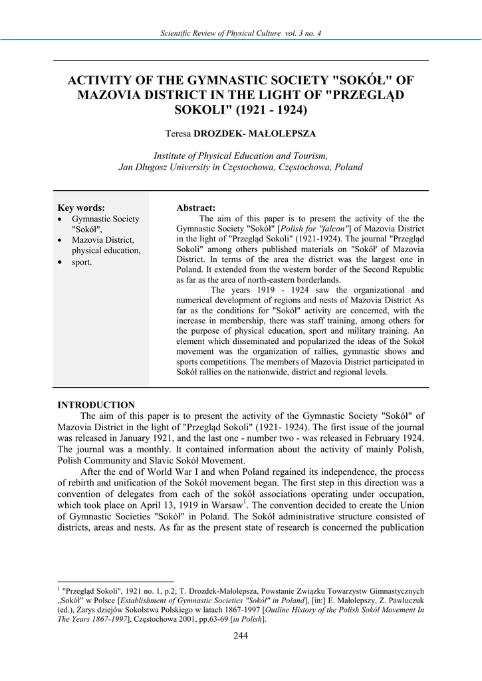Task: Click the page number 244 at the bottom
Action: [241, 636]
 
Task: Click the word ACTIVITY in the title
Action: [102, 80]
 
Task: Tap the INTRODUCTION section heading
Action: [96, 405]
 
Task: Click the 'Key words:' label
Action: [81, 207]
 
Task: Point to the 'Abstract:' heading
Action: [195, 208]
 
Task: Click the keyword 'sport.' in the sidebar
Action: [82, 262]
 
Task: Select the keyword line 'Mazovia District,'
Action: [103, 240]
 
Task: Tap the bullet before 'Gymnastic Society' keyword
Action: [61, 219]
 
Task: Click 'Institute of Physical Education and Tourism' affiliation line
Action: [241, 154]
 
